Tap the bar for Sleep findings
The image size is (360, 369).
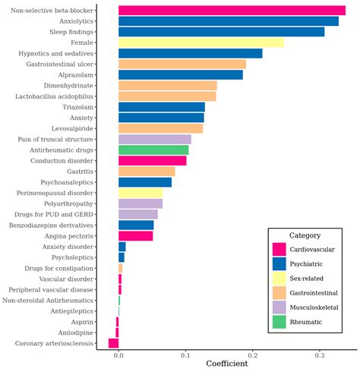coord(221,32)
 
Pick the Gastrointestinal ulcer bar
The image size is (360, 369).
coord(182,64)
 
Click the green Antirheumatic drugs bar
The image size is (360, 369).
coord(153,150)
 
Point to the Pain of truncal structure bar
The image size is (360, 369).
coord(155,139)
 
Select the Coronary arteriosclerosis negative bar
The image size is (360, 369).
coord(113,343)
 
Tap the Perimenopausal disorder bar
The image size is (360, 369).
coord(141,193)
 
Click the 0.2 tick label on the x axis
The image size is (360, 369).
coord(252,355)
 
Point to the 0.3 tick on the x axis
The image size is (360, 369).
coord(319,355)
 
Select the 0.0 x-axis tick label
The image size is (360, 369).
coord(118,355)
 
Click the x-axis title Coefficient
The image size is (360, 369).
coord(226,364)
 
